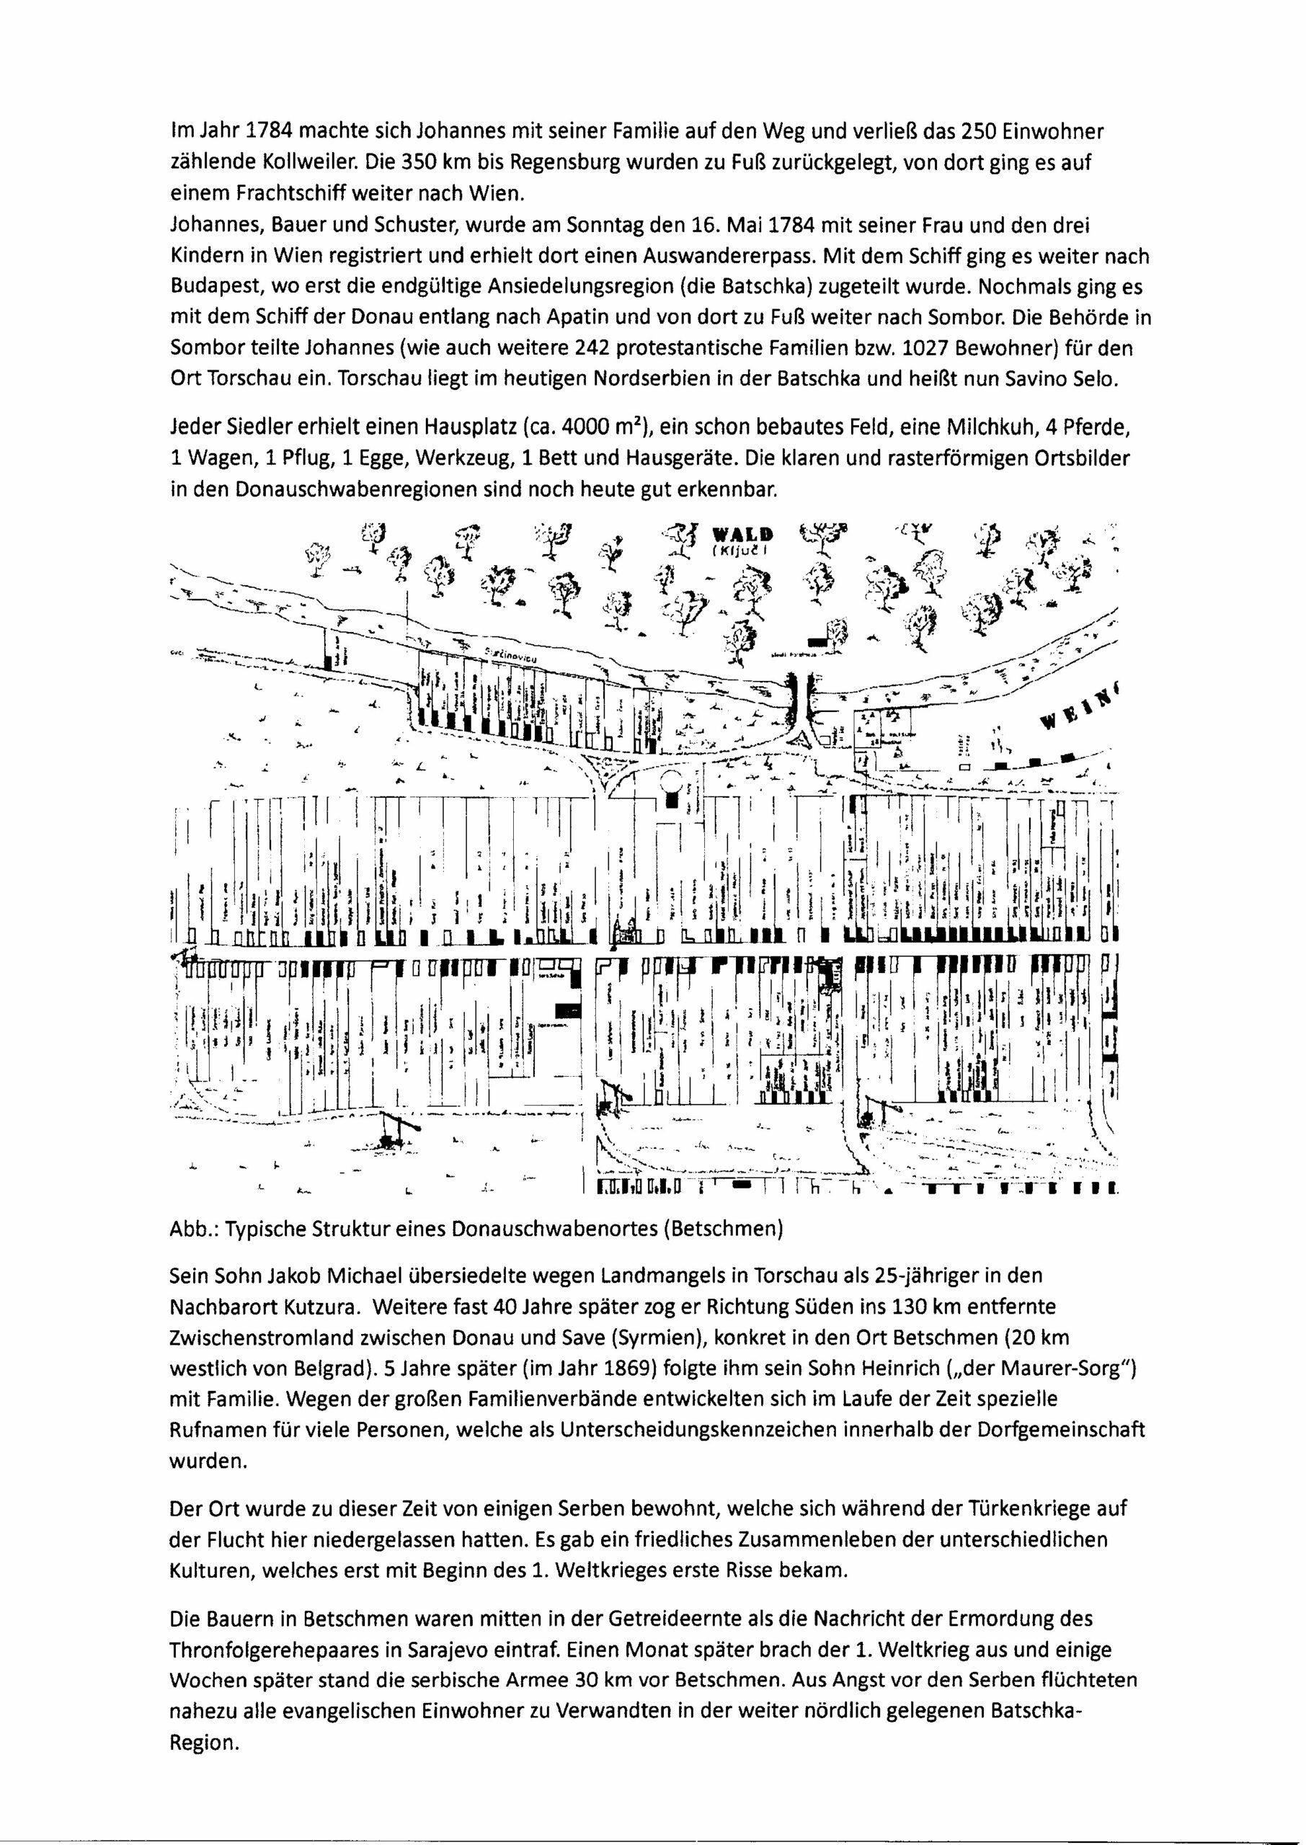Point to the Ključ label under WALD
click(x=737, y=551)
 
